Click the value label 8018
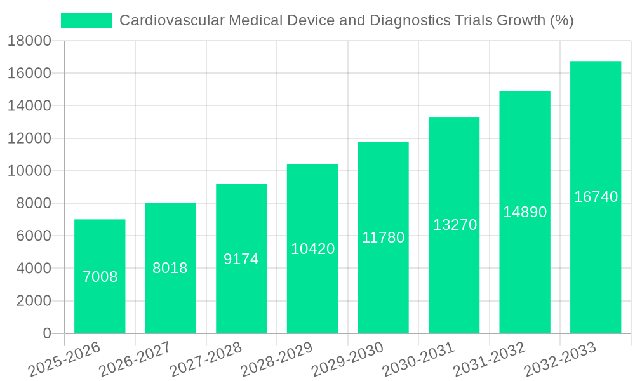[170, 268]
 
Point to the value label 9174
[241, 259]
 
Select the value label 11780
[383, 237]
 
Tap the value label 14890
[525, 212]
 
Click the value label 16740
[596, 197]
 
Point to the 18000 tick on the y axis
[29, 41]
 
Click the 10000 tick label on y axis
[29, 171]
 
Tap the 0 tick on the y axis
[46, 333]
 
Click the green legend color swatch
[86, 20]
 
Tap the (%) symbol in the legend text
[561, 20]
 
